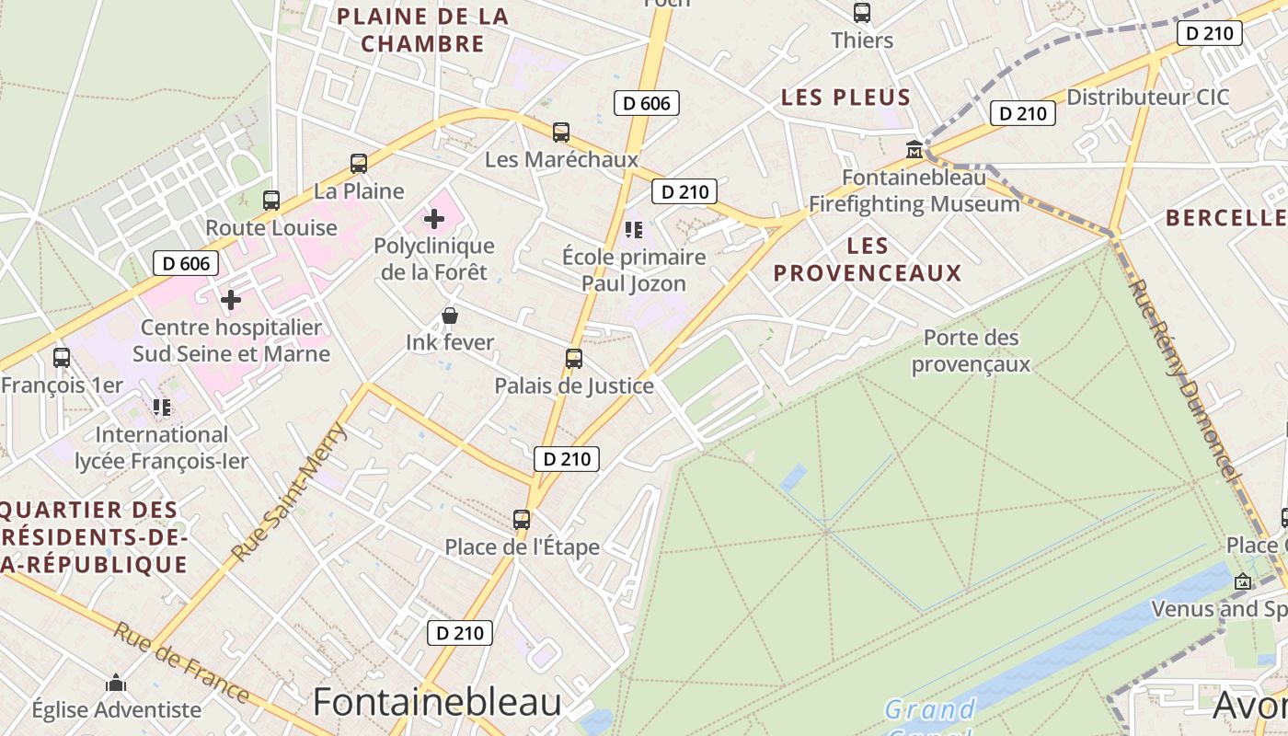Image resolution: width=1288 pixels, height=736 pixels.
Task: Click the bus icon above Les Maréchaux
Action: pos(561,132)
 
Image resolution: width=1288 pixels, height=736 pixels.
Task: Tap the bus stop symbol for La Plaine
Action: pos(359,164)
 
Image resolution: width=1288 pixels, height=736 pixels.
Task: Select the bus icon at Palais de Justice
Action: pos(574,359)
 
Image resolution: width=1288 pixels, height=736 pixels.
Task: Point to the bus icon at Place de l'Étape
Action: pos(522,520)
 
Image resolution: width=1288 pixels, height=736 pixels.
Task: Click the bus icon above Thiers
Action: pos(862,13)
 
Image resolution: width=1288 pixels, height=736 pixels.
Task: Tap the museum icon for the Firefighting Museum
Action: pos(914,149)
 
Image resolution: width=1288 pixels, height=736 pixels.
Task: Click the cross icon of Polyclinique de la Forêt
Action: pos(434,219)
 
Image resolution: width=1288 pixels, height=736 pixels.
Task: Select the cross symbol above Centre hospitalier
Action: pos(231,300)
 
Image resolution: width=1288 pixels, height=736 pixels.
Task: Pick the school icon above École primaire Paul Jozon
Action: pos(633,229)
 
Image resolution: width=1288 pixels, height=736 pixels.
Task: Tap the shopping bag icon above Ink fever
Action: pos(450,316)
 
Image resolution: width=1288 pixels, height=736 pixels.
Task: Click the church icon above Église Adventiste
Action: pos(116,683)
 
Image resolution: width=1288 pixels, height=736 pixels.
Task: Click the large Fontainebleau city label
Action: pos(437,703)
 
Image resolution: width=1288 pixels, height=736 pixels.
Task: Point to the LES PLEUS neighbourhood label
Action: pos(845,98)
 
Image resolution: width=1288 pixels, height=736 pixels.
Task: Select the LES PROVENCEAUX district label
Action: pos(868,259)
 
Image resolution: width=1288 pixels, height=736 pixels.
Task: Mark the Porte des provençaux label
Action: pos(971,351)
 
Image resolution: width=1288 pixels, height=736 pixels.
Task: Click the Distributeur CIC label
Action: pos(1147,98)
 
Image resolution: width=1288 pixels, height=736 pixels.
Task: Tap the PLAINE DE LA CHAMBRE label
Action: pos(422,29)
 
